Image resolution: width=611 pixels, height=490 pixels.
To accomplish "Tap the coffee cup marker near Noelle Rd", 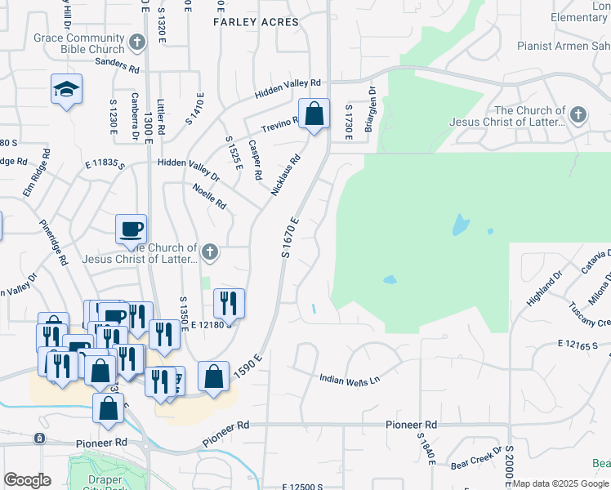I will coord(131,229).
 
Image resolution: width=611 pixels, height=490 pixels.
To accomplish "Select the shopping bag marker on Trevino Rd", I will coord(314,114).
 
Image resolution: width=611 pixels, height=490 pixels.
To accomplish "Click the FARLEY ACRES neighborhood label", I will coord(256,22).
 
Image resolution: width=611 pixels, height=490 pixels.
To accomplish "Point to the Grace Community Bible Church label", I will coord(78,43).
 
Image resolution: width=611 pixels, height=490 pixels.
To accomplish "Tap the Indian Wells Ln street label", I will coord(350,380).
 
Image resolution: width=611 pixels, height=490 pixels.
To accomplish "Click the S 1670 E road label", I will coord(292,238).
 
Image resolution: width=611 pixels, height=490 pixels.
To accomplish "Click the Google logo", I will coord(27,480).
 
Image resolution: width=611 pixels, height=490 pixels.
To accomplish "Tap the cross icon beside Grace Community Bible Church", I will coord(137,40).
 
